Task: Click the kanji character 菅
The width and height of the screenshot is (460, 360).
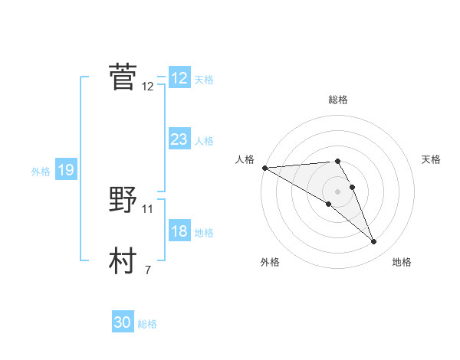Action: point(123,77)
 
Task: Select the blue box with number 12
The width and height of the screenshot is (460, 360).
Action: point(179,78)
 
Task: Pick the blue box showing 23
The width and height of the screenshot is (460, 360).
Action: point(179,139)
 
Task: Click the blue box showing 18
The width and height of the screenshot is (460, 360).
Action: point(179,232)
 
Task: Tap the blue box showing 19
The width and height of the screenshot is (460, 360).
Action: point(66,170)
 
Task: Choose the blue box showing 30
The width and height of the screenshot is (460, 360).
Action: point(123,322)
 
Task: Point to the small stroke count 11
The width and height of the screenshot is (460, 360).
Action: point(148,208)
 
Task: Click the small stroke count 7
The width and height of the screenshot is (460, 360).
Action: point(148,270)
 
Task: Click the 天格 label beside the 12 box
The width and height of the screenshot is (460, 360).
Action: point(204,80)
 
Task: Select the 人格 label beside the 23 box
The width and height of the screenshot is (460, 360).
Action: point(204,141)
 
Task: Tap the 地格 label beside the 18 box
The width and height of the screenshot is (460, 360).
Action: point(204,233)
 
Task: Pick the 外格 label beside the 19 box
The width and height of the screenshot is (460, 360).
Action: point(41,172)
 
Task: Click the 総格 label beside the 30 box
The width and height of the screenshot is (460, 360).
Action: point(147,324)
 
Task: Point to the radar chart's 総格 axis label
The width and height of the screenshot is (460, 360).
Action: point(338,100)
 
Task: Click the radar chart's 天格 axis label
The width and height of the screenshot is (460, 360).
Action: point(431,159)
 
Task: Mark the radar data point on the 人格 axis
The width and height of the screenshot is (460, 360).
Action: point(264,167)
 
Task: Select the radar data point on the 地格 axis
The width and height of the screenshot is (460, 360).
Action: point(374,242)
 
